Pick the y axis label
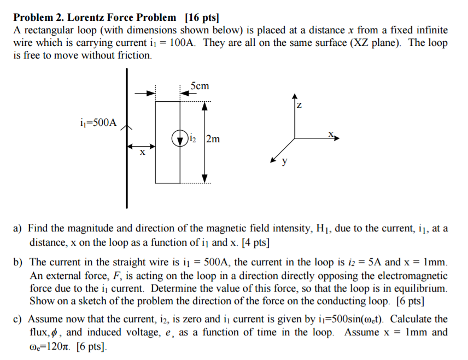(x=284, y=162)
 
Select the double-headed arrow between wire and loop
(x=142, y=146)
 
